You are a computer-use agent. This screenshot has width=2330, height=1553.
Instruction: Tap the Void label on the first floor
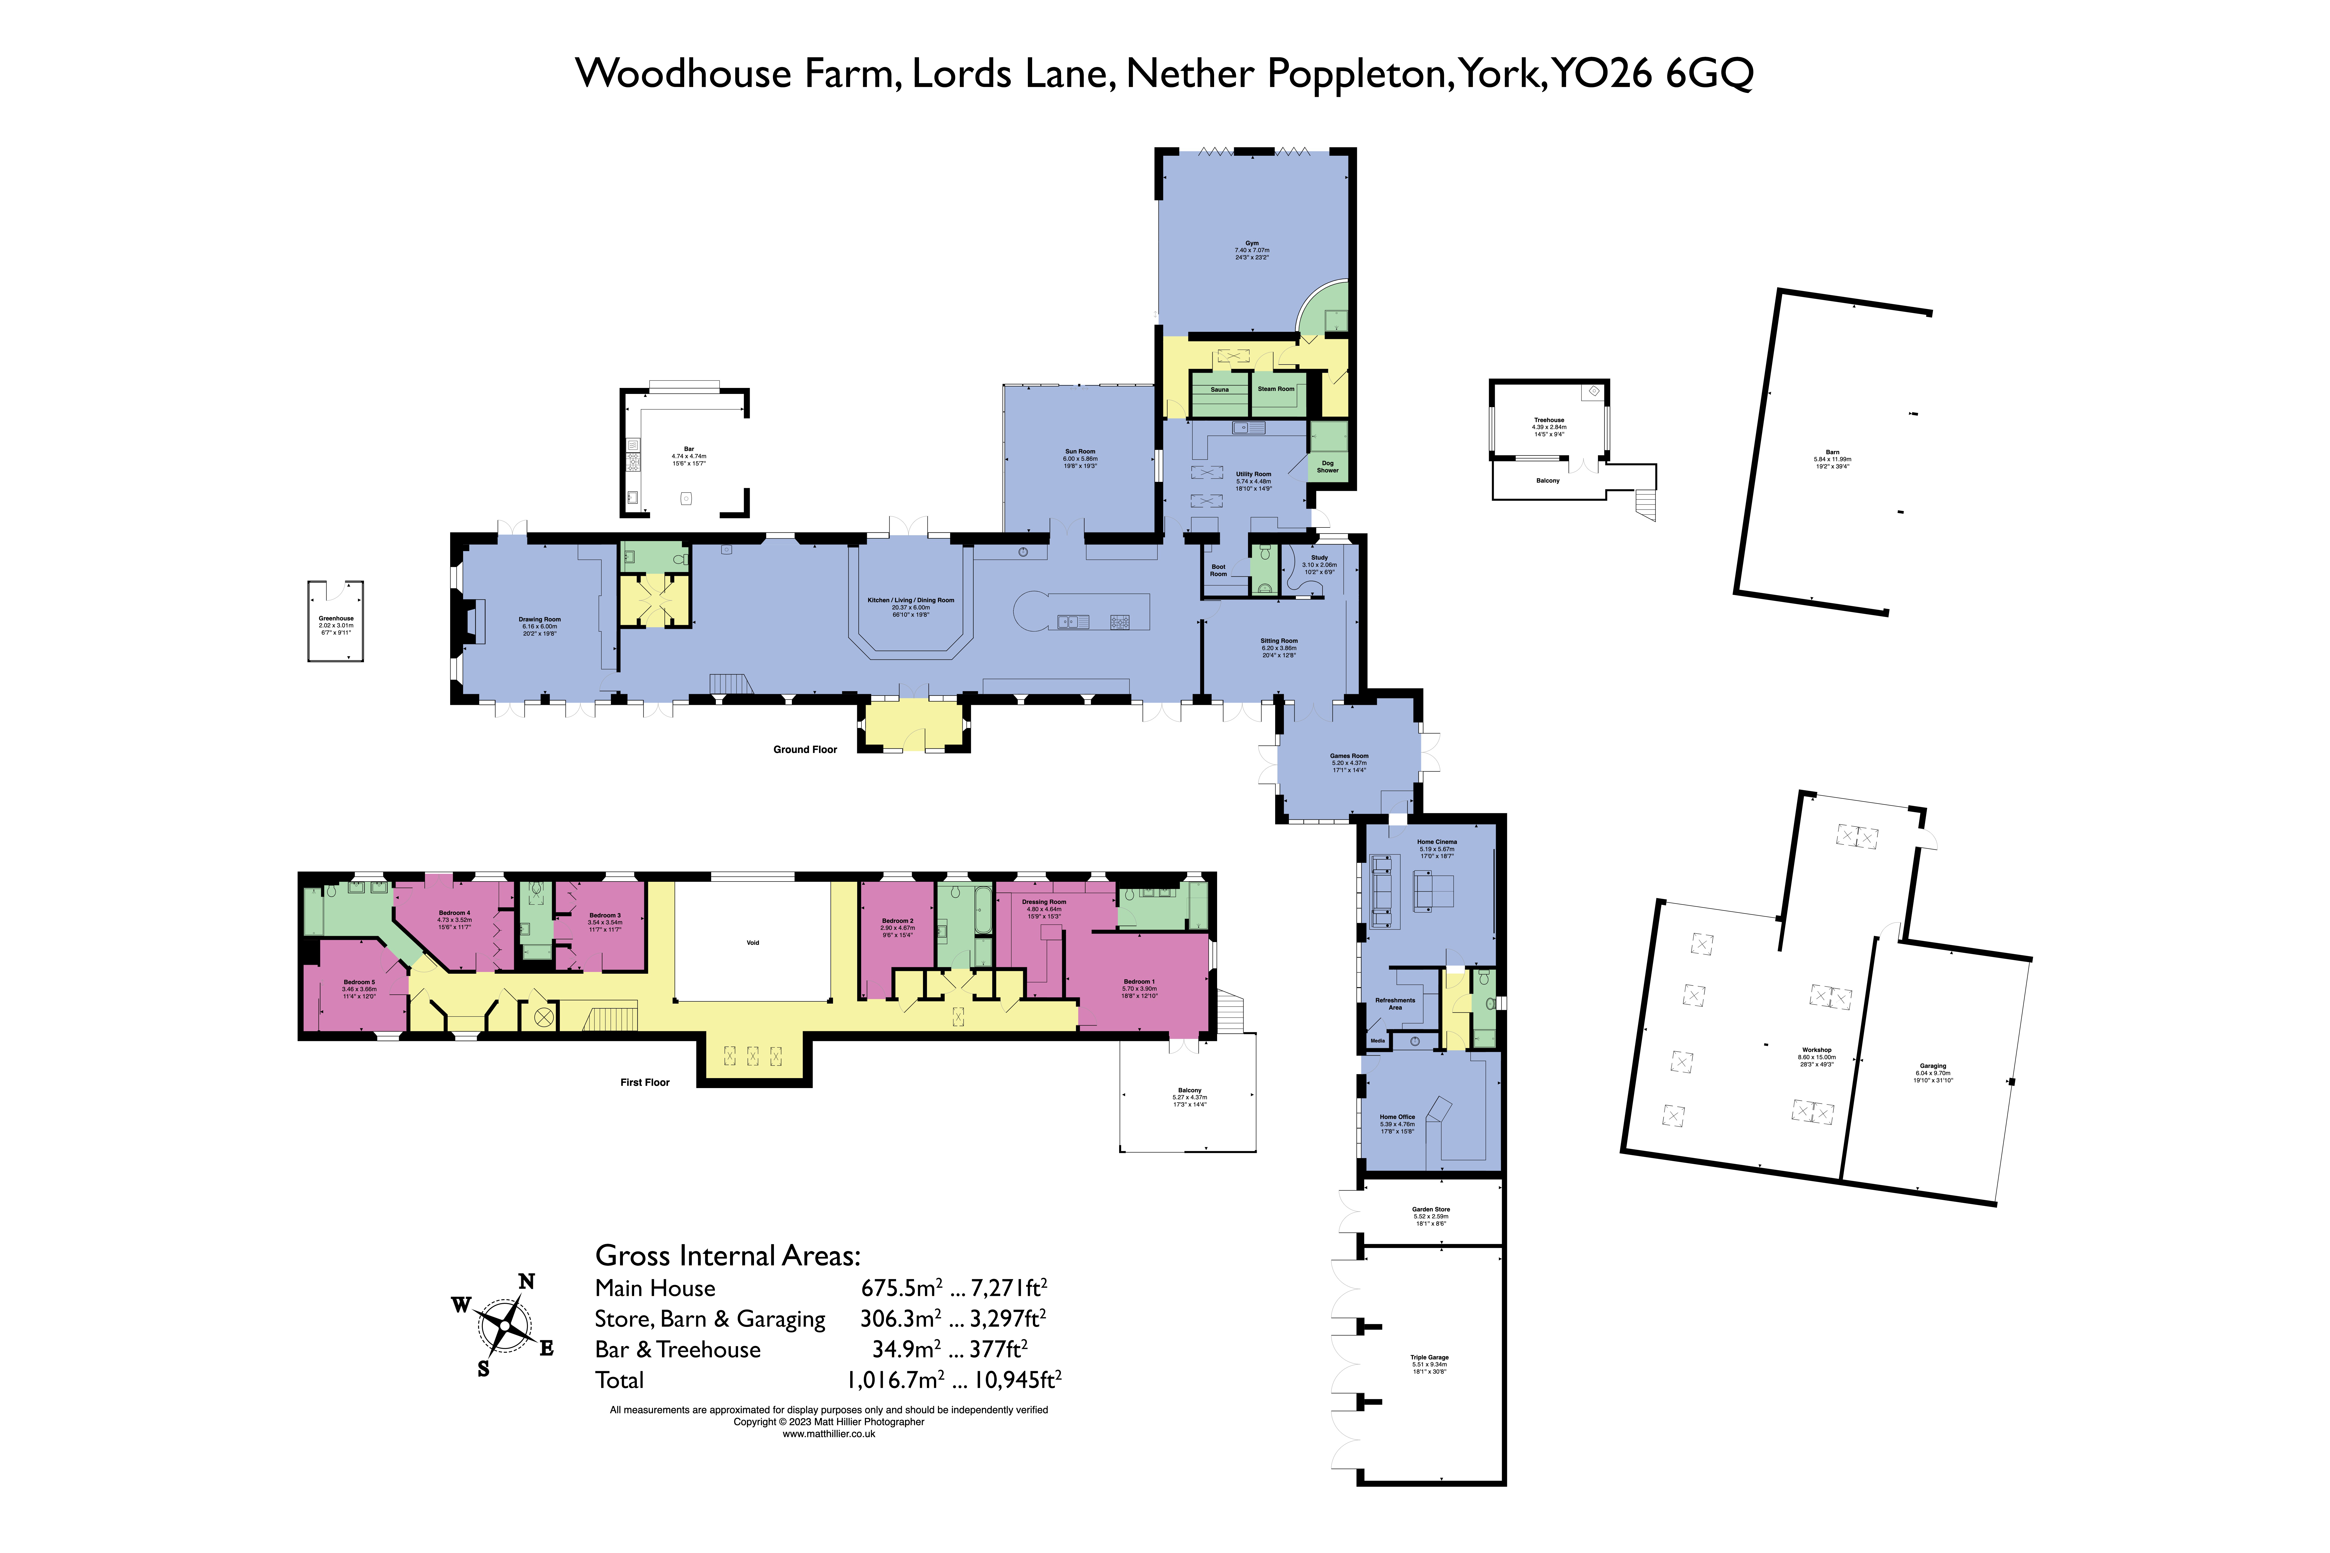[753, 943]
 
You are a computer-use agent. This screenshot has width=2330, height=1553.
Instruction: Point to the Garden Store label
[1430, 1209]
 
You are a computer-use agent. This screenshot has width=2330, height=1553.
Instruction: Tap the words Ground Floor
[804, 750]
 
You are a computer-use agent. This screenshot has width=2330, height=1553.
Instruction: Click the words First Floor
[645, 1083]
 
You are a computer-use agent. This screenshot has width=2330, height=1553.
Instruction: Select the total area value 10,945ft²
[1017, 1380]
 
